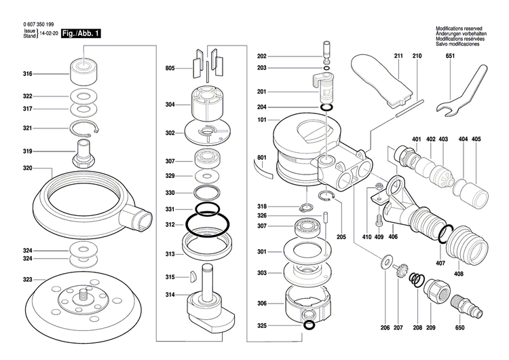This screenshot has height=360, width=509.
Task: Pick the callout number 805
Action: click(170, 69)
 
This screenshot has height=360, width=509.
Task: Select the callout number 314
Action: click(170, 295)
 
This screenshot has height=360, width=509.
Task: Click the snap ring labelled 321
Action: click(85, 128)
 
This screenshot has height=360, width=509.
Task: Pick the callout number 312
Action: click(170, 225)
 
